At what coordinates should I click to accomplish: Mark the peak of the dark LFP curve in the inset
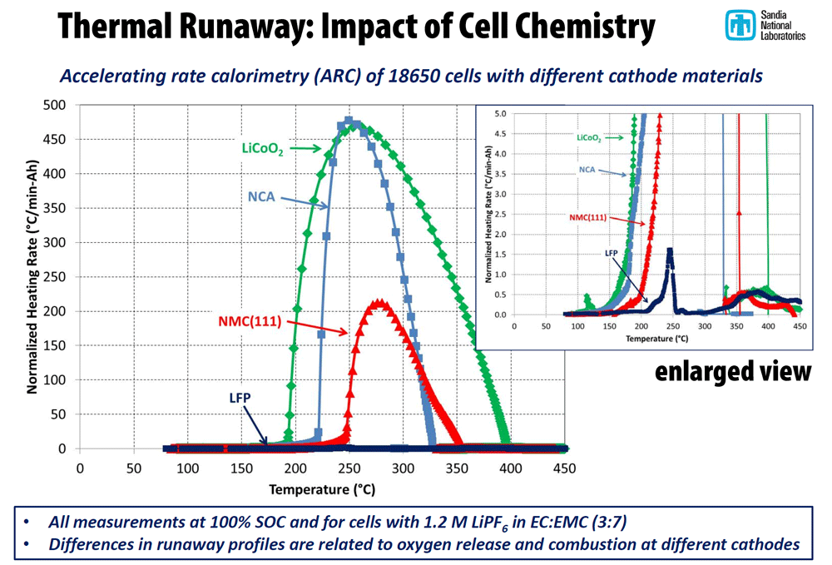click(670, 250)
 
